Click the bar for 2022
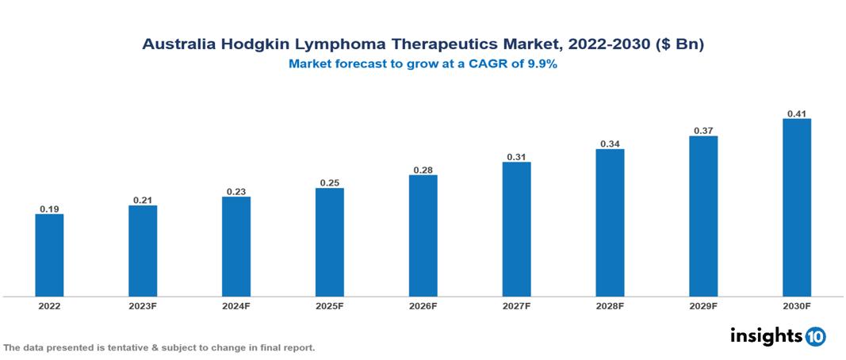49,255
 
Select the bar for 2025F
329,242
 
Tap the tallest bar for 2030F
797,208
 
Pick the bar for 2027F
516,229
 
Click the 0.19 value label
49,209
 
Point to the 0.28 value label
423,170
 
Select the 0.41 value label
797,114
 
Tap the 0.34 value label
610,144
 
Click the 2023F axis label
143,305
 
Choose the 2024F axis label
236,305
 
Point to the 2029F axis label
703,305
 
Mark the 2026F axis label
423,305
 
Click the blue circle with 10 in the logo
815,336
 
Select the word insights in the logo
766,335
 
